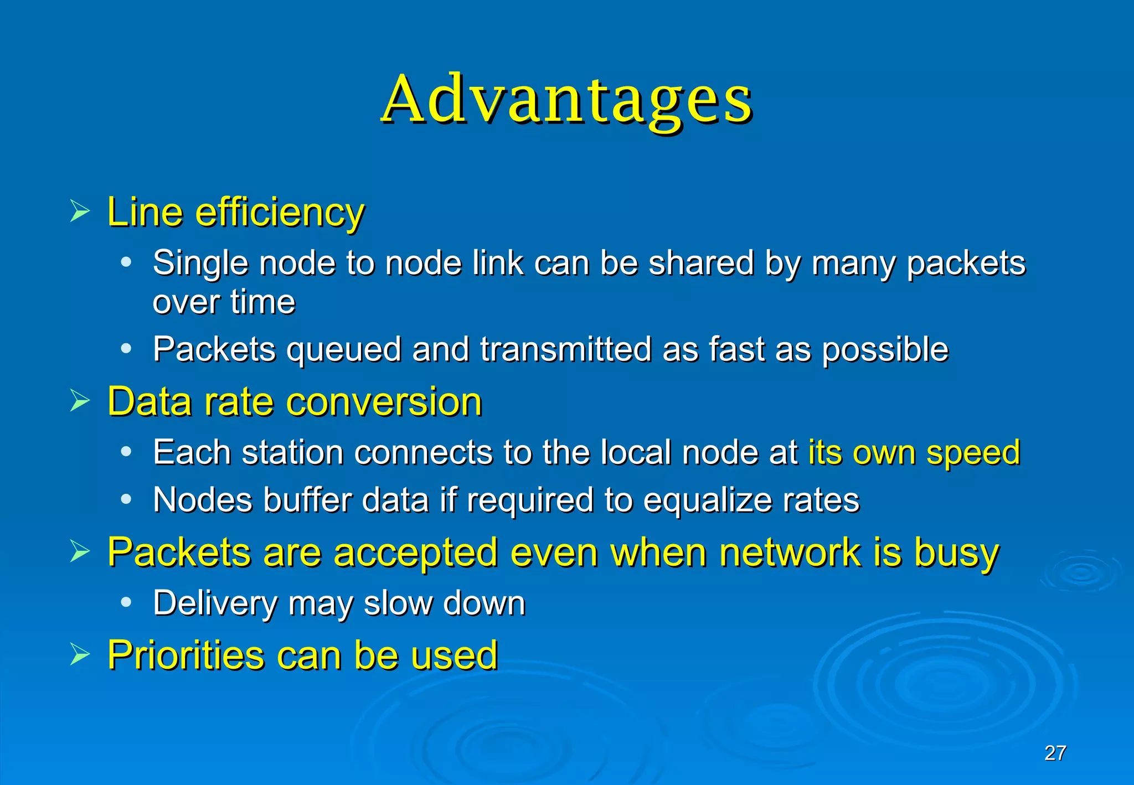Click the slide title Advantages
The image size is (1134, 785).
567,100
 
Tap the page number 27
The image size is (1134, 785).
1055,753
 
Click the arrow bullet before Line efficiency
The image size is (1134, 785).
80,211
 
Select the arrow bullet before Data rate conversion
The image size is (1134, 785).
80,401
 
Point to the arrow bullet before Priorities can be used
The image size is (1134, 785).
80,655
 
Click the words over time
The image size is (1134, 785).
224,302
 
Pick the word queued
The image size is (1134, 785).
343,350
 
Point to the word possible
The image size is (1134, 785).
885,350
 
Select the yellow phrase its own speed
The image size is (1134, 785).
914,452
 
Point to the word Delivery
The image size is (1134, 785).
215,603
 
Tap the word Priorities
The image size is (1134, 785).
185,655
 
